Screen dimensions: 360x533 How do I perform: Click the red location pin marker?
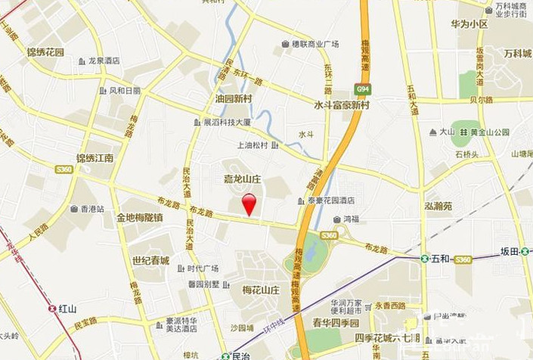(x=249, y=203)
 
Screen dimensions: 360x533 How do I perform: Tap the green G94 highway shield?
(x=363, y=89)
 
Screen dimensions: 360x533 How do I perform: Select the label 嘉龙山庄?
(x=243, y=179)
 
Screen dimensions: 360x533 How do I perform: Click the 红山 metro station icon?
(x=52, y=308)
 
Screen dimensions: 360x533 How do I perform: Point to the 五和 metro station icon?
(x=425, y=259)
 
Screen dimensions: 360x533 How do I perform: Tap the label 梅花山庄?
(x=262, y=290)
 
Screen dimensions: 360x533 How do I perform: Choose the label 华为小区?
(x=469, y=23)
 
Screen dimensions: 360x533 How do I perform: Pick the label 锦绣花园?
(x=45, y=51)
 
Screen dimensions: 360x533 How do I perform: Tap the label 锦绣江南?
(x=95, y=158)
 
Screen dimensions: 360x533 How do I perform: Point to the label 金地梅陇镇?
(x=139, y=218)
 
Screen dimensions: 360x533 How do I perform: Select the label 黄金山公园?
(x=489, y=132)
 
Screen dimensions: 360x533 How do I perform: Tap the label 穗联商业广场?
(x=315, y=44)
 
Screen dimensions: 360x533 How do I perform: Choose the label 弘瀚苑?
(x=438, y=206)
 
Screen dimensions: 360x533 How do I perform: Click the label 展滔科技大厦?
(x=226, y=122)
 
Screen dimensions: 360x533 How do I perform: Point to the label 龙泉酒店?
(x=104, y=61)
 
